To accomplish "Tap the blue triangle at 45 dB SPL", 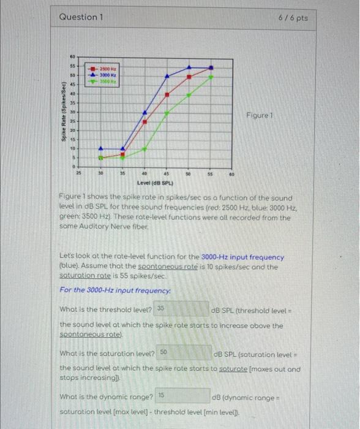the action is (167, 76).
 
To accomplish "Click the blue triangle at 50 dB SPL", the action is (189, 67).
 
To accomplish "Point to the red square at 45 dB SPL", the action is (167, 94).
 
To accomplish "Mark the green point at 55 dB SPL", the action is (211, 77).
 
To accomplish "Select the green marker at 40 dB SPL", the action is (144, 148).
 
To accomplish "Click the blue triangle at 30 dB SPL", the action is (101, 148).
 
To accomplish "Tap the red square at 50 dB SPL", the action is (189, 77).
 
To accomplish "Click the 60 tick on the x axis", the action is (232, 174).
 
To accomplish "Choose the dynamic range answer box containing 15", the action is (182, 398).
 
